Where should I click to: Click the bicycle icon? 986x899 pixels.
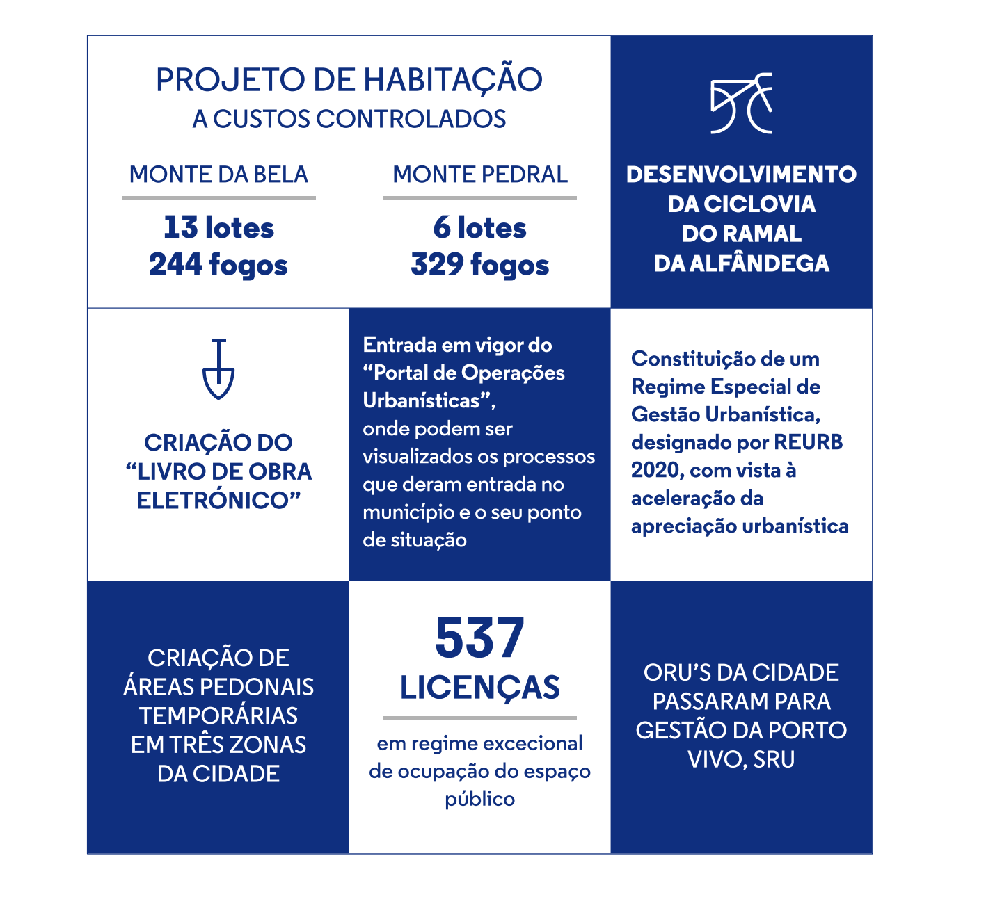741,104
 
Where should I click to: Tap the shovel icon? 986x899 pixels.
218,369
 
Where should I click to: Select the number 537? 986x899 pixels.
479,638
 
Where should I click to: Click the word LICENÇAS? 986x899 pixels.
479,688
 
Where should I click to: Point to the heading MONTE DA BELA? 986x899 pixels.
218,175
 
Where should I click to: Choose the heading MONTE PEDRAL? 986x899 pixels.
480,175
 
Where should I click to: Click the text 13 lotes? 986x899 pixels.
218,228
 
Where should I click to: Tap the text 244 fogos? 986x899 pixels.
218,265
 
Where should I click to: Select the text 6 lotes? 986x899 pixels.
479,228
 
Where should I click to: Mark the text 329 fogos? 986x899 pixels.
479,265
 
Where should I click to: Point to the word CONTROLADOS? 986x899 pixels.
411,120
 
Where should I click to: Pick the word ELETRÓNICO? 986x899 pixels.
213,501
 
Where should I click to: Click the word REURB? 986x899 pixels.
808,443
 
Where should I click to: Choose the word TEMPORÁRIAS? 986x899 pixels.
218,715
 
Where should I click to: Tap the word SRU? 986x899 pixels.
774,759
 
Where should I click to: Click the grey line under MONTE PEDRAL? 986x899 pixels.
479,198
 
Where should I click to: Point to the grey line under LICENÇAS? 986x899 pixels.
479,718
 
